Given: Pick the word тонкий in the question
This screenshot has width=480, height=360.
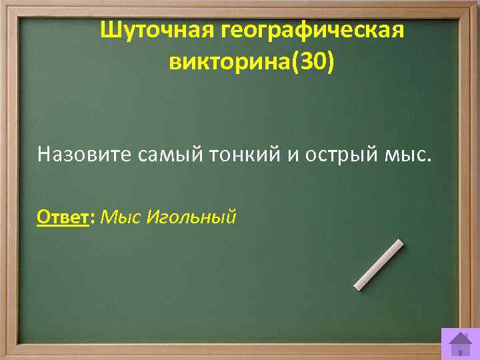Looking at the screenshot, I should [237, 155].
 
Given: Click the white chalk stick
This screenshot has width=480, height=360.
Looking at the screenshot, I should [378, 265].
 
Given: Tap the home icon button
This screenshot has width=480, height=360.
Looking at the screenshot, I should [459, 343].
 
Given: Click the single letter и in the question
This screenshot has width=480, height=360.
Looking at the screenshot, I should [295, 155].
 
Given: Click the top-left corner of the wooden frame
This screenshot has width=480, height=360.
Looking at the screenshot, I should [5, 5].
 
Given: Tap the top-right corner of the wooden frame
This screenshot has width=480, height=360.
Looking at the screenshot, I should [474, 5].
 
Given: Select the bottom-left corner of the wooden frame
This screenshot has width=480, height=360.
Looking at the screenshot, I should [5, 354].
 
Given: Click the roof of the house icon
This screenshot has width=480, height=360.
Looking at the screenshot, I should [459, 336].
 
